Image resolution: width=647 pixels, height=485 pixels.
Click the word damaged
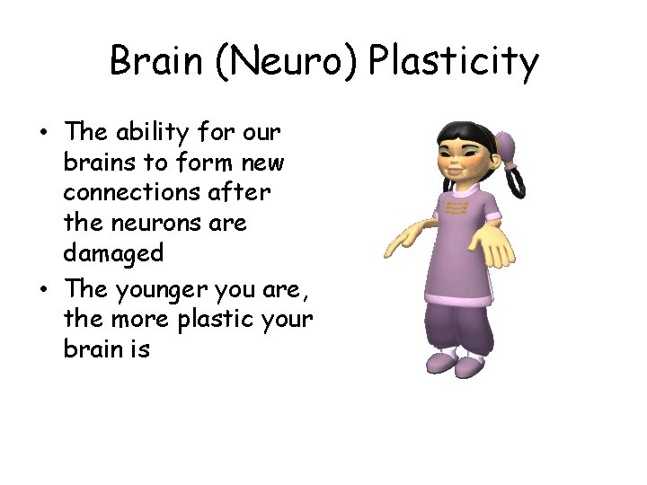pyautogui.click(x=113, y=254)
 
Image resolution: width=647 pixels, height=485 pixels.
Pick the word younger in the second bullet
pyautogui.click(x=159, y=289)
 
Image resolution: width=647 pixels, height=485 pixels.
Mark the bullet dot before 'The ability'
pyautogui.click(x=43, y=134)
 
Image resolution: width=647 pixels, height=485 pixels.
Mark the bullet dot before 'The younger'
pyautogui.click(x=43, y=289)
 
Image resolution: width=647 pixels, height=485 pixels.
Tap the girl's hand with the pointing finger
pyautogui.click(x=405, y=237)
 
